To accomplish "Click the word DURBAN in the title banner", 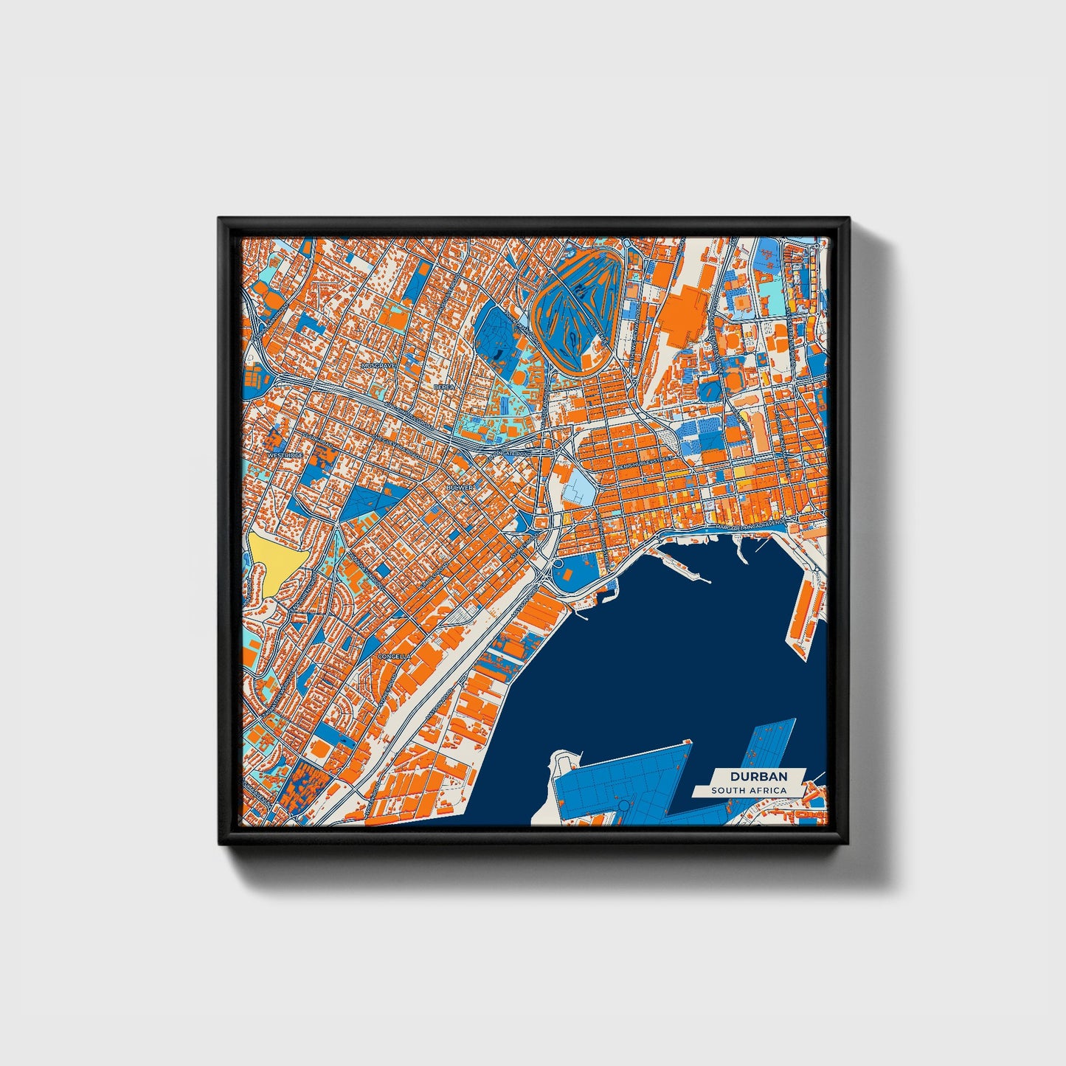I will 758,776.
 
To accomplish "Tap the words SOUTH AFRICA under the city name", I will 748,791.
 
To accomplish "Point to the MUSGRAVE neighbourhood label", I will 379,364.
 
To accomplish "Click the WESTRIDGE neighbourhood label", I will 285,455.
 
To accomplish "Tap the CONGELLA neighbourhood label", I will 392,655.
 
